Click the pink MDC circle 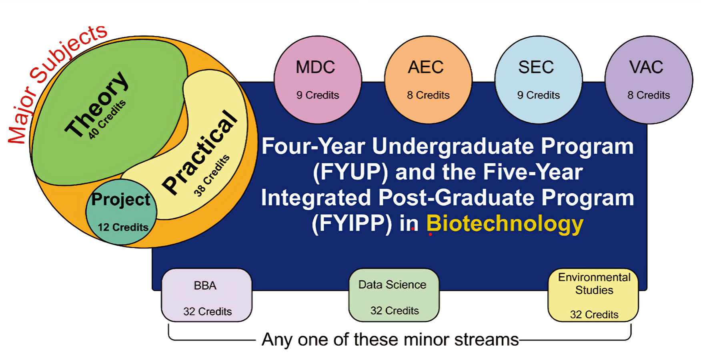point(318,80)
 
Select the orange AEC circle point(428,80)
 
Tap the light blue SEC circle point(538,80)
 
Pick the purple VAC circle point(649,80)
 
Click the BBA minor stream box point(206,295)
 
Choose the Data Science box point(394,295)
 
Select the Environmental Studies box point(593,295)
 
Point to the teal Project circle point(121,212)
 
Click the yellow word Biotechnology point(505,224)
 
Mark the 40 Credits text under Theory point(107,119)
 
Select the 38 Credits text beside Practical point(212,175)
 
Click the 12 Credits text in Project point(123,227)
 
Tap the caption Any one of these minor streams point(390,340)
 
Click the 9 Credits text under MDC point(318,95)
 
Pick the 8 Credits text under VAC point(649,95)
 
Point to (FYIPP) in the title point(352,224)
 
